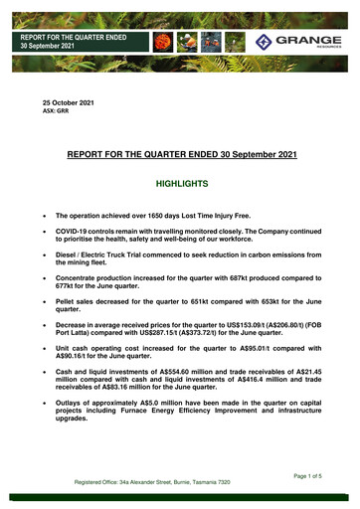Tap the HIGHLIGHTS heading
[180, 184]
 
